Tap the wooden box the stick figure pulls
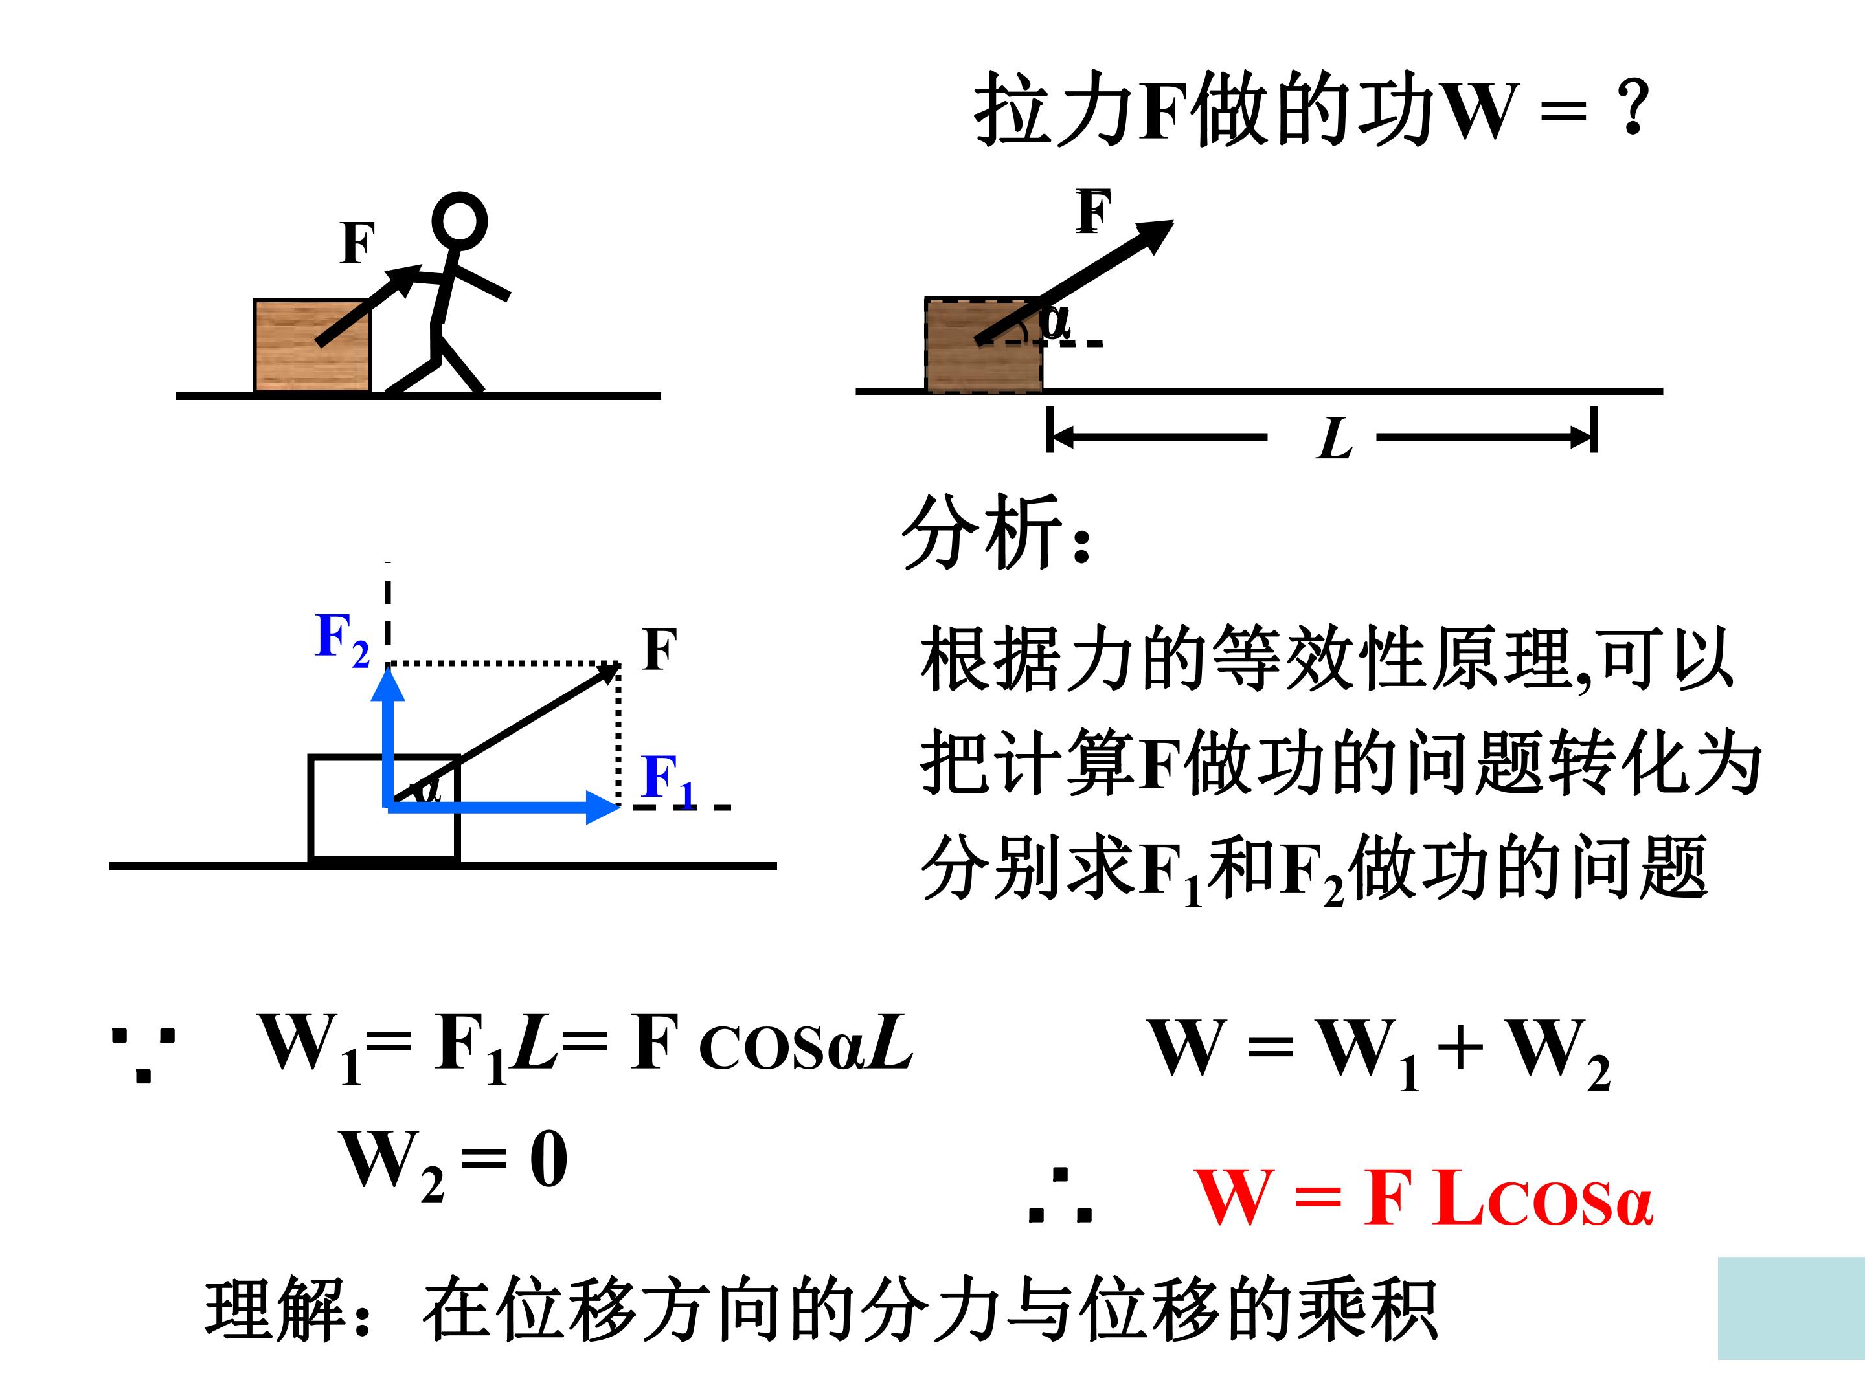pos(312,346)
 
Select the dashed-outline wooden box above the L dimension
pos(984,345)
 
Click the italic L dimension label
pos(1334,438)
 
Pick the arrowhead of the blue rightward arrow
pos(603,807)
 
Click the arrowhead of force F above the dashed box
pos(1155,234)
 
